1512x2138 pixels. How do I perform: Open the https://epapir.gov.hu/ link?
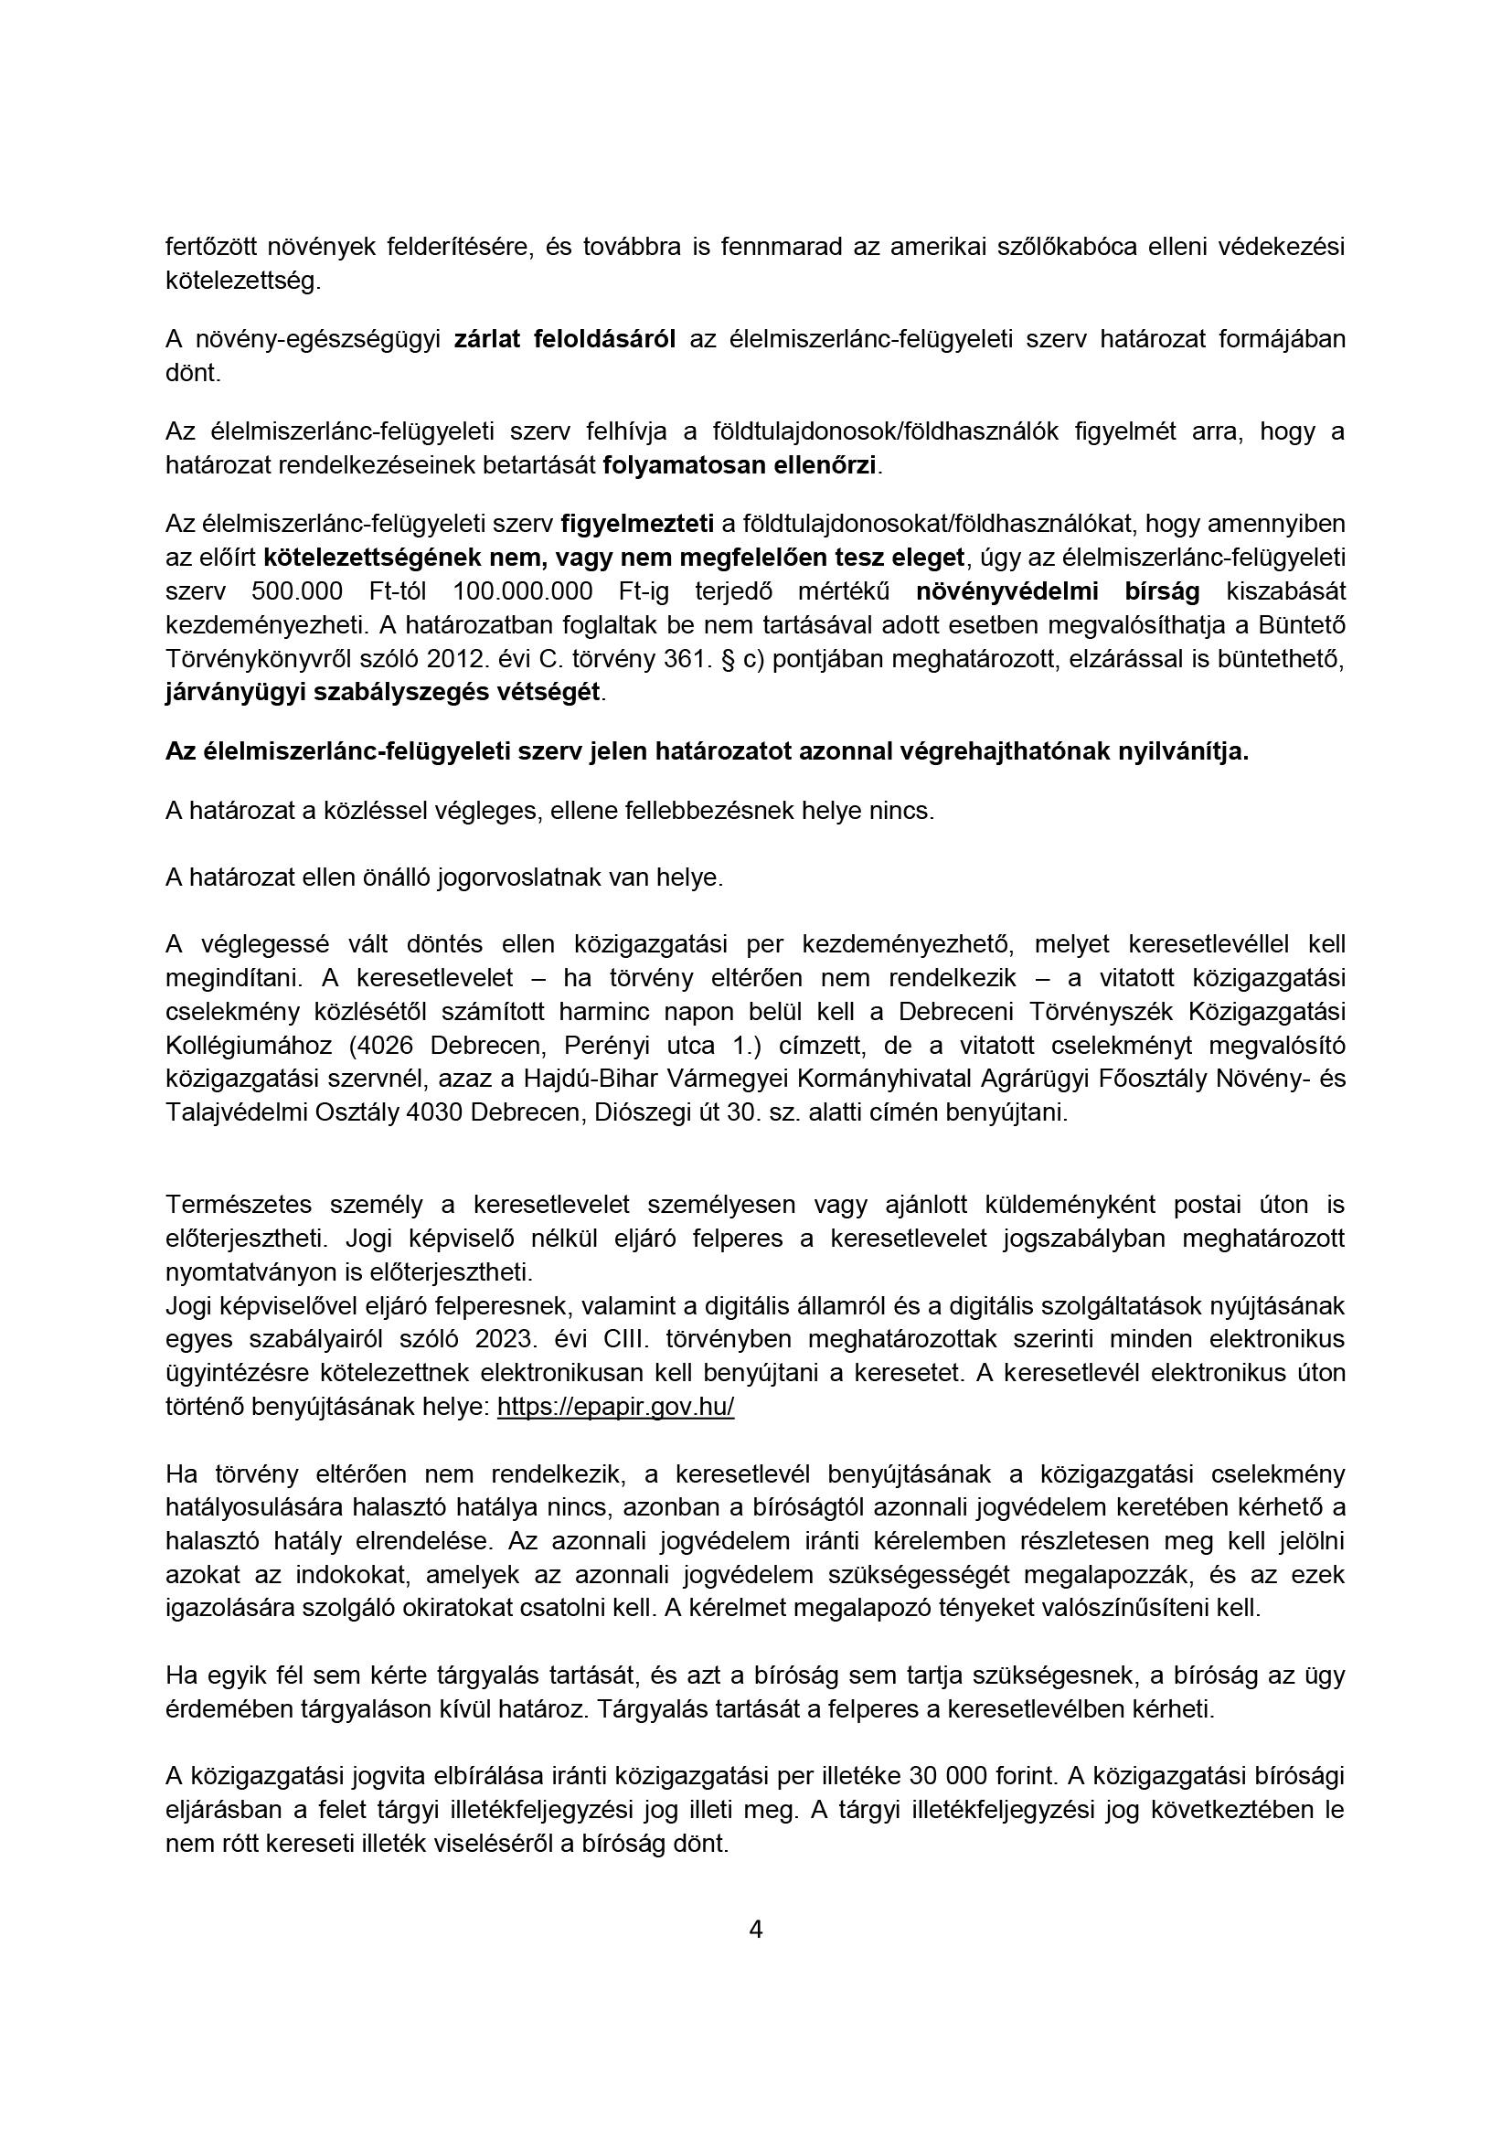[615, 1407]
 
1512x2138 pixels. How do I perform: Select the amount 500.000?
[297, 591]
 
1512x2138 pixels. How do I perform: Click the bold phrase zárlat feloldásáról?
[564, 339]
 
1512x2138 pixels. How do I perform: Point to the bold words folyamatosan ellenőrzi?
[740, 464]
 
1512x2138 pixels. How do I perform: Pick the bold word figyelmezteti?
[637, 525]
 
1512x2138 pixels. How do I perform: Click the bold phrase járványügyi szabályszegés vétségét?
[383, 693]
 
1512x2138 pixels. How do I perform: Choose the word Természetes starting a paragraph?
[241, 1205]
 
